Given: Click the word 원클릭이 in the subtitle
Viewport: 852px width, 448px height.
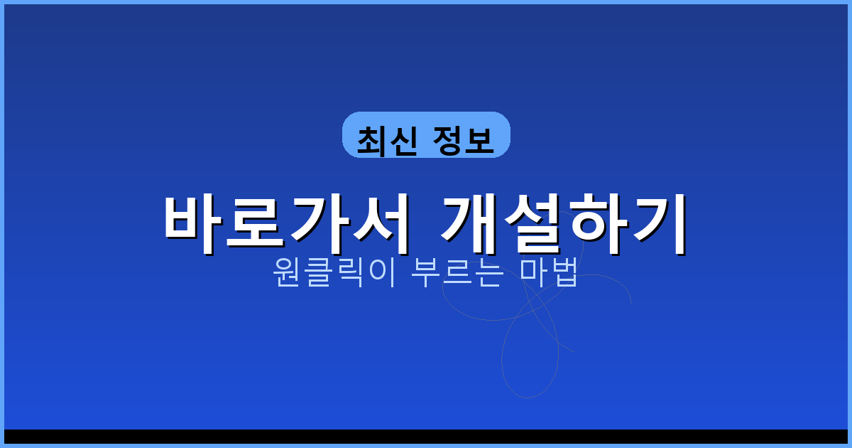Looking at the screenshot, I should point(329,272).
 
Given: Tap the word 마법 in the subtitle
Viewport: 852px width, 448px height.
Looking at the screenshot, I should point(549,272).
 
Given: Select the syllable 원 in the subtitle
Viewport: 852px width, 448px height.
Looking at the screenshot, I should point(286,272).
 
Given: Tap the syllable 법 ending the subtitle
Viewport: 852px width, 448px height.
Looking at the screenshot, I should point(564,272).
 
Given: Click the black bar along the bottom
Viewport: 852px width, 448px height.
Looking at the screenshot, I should point(426,436).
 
